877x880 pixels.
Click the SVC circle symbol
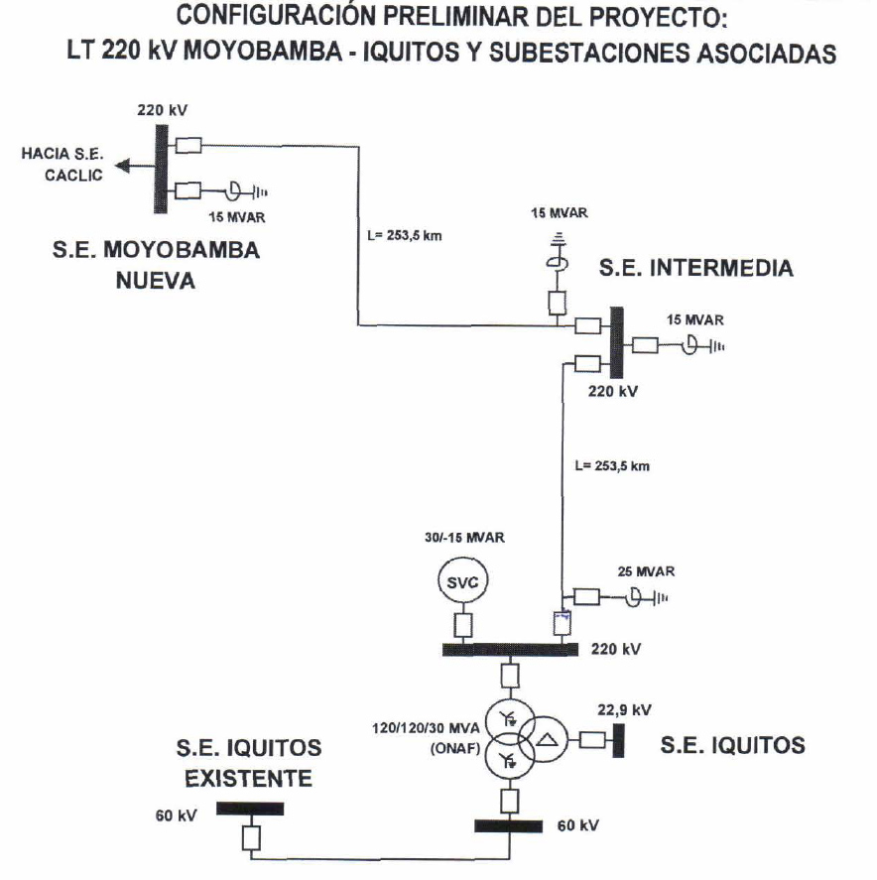point(462,582)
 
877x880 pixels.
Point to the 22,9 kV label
point(624,709)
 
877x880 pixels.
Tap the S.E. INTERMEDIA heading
point(695,268)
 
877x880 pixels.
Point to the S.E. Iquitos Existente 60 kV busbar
point(250,809)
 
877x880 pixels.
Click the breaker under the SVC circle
point(462,626)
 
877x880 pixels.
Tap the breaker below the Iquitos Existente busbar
point(251,838)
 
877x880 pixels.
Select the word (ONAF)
point(454,750)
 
